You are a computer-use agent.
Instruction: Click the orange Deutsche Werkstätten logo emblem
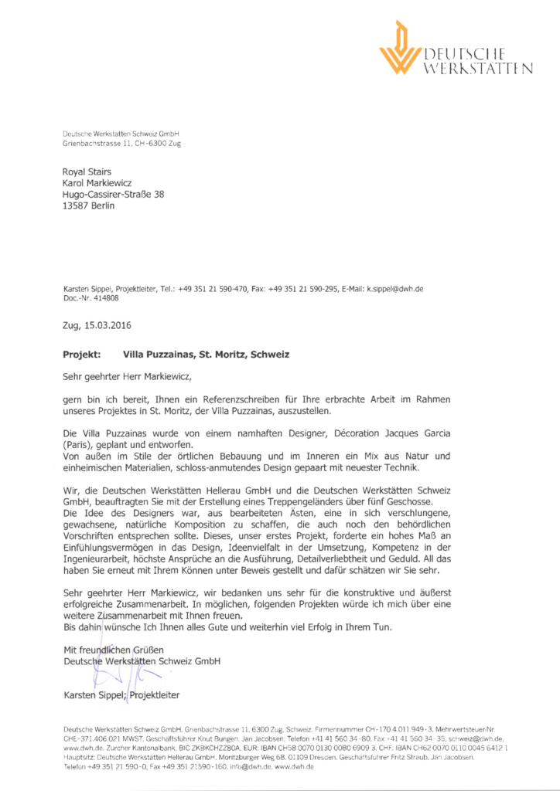coord(400,48)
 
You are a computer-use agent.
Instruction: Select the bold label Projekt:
coord(81,355)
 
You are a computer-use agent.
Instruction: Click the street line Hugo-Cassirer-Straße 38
coord(114,195)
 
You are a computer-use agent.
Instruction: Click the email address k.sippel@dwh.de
coord(394,289)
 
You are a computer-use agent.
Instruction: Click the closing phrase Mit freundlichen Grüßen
coord(113,650)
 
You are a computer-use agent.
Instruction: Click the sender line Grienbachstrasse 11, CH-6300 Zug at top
coord(122,144)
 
